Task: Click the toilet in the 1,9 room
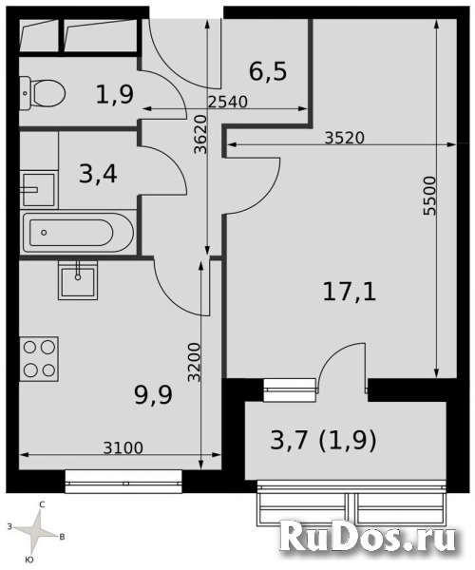tap(42, 93)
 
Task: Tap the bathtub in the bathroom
tap(78, 233)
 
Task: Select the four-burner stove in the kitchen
tap(39, 359)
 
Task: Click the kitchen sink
tap(78, 280)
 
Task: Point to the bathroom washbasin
tap(38, 189)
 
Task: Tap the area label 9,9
tap(153, 396)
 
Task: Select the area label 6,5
tap(268, 71)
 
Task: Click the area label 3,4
tap(98, 174)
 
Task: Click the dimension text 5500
tap(429, 196)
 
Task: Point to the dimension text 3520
tap(344, 138)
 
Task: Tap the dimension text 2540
tap(227, 103)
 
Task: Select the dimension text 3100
tap(123, 448)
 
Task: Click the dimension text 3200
tap(194, 363)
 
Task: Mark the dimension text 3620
tap(200, 135)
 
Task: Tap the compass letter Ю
tap(30, 560)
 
